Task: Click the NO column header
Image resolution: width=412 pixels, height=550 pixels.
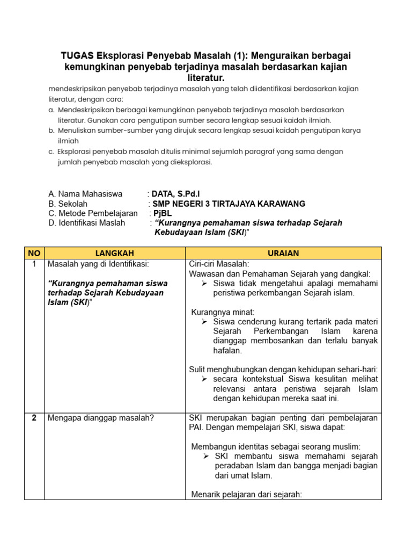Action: pyautogui.click(x=34, y=253)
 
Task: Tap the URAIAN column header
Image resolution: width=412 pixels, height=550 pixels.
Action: pyautogui.click(x=283, y=253)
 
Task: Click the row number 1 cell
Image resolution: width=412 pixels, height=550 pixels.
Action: pyautogui.click(x=34, y=264)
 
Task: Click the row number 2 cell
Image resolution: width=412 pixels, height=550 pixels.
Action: pyautogui.click(x=34, y=418)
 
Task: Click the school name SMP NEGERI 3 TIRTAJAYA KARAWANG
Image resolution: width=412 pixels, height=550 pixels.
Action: pyautogui.click(x=229, y=204)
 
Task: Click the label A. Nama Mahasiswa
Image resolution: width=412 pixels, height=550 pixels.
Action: pyautogui.click(x=85, y=194)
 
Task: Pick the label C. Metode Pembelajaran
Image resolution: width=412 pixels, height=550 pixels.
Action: pyautogui.click(x=93, y=213)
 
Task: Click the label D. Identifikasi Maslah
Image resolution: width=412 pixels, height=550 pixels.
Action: pyautogui.click(x=86, y=223)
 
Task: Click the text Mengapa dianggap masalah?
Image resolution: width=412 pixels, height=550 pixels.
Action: pyautogui.click(x=100, y=418)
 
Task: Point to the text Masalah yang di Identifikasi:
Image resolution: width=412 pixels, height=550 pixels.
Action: pyautogui.click(x=98, y=264)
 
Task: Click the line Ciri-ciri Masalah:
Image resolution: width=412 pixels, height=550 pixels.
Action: pyautogui.click(x=219, y=264)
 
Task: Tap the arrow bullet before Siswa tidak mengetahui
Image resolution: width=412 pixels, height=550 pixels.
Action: pyautogui.click(x=204, y=283)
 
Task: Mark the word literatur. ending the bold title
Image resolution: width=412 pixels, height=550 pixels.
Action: pyautogui.click(x=206, y=77)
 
